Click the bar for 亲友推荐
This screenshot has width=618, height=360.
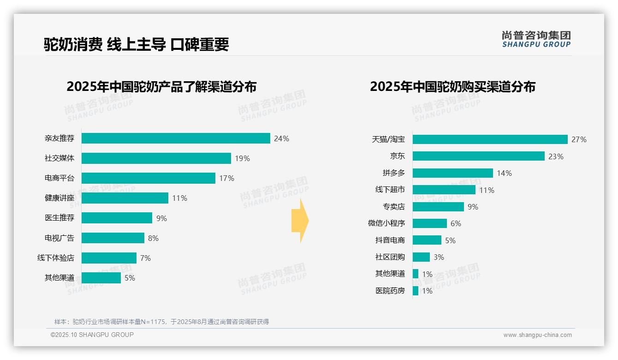176,138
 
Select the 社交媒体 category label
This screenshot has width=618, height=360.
59,158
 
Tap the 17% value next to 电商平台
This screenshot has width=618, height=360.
227,178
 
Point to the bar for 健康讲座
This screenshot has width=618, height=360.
125,198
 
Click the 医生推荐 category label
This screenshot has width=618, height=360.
59,218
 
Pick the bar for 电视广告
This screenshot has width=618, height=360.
113,238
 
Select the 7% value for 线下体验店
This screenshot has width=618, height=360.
145,258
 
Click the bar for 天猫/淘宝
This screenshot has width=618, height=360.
490,139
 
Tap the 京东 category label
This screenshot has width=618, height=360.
397,156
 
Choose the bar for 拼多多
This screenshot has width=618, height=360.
452,173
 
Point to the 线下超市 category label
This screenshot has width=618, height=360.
390,190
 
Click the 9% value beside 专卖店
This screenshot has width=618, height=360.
473,207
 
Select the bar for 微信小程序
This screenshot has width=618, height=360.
429,223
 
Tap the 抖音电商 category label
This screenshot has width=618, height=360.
390,240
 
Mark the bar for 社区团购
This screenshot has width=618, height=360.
421,257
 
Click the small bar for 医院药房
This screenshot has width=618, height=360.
416,291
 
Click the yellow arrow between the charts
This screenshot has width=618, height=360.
300,221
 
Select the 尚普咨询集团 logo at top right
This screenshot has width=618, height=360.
536,39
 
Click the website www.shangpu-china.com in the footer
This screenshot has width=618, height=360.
537,335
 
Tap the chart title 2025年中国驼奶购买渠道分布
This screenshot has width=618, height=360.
452,87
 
